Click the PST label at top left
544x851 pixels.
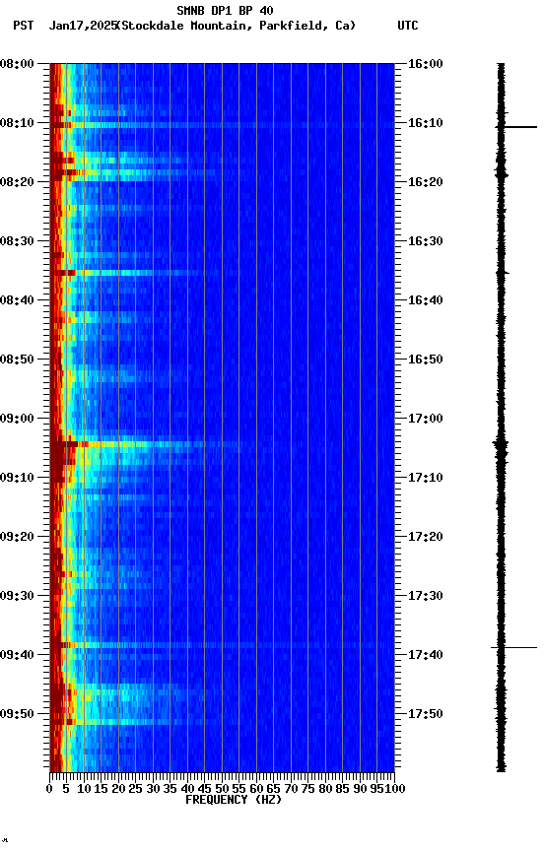24,26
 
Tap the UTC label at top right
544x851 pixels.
408,26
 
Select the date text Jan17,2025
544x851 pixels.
82,26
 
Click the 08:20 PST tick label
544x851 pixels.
18,182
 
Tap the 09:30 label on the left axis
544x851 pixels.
18,596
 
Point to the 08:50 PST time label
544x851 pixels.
18,360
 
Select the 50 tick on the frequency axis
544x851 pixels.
222,788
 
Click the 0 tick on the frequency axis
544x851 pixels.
49,788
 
